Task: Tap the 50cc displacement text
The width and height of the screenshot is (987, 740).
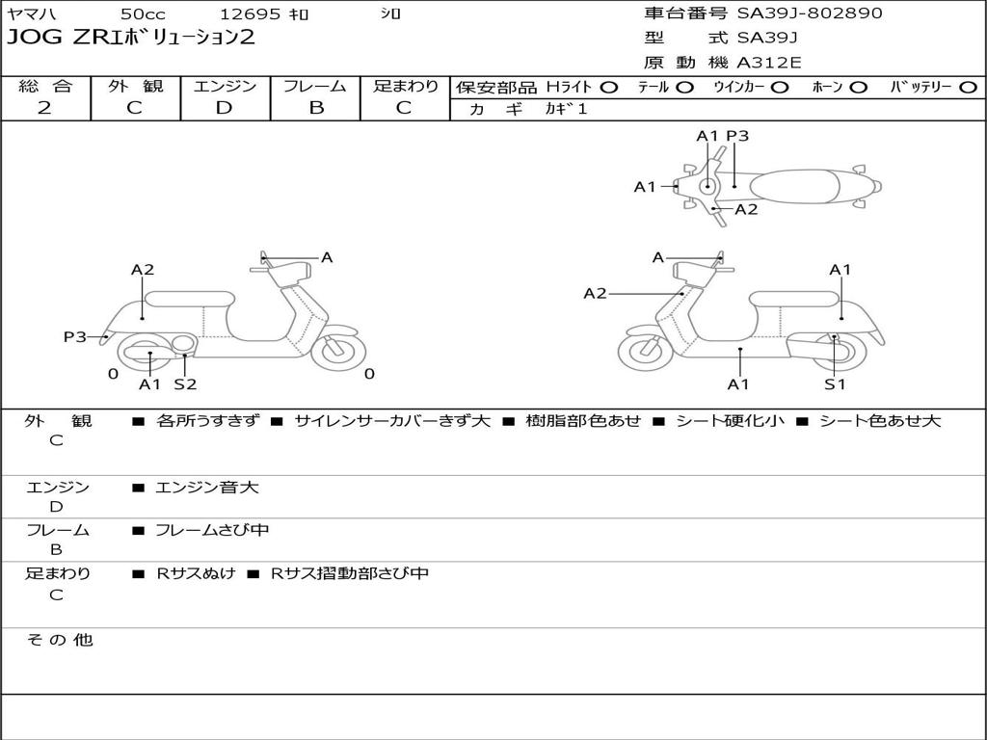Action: (144, 14)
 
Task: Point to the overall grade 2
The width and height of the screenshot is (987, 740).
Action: (45, 108)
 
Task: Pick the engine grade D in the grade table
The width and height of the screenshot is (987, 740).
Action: (224, 108)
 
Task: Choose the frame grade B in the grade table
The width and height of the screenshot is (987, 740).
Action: (315, 108)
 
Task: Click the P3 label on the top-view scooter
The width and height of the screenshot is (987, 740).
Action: (737, 136)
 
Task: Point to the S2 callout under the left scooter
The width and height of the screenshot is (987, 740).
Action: (185, 384)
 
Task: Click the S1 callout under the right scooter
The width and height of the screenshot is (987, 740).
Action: (835, 384)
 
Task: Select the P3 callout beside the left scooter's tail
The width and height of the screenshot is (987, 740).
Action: (75, 336)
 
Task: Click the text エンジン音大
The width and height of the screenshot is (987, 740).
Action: (207, 488)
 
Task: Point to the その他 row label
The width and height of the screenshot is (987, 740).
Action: (59, 640)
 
